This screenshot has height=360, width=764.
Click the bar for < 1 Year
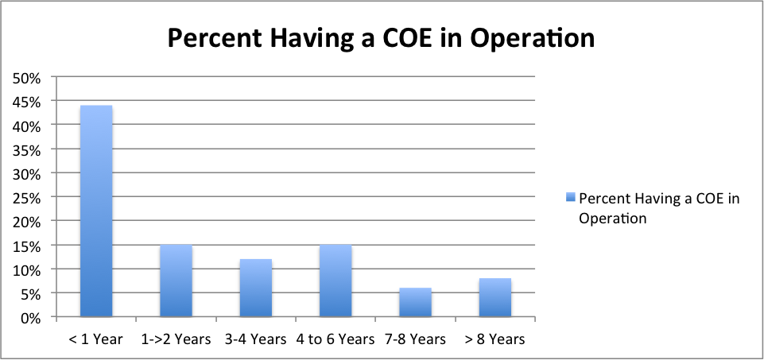click(96, 211)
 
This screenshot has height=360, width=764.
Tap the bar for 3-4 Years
click(255, 288)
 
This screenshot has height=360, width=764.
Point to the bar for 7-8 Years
click(415, 302)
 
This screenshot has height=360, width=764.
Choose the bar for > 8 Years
click(494, 297)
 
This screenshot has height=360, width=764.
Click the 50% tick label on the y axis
click(29, 77)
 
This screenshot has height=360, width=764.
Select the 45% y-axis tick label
click(29, 101)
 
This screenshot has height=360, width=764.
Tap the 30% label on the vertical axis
click(29, 173)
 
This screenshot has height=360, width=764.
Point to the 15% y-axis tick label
click(29, 246)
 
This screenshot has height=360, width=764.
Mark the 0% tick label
click(32, 318)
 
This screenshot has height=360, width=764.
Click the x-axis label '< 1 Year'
click(96, 339)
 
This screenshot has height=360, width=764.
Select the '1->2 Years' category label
click(176, 339)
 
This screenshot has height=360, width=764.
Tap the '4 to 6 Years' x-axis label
click(335, 339)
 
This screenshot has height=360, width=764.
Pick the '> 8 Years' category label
click(494, 339)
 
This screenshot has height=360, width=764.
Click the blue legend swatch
click(570, 198)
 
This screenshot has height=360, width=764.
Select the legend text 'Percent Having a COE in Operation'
click(659, 207)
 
